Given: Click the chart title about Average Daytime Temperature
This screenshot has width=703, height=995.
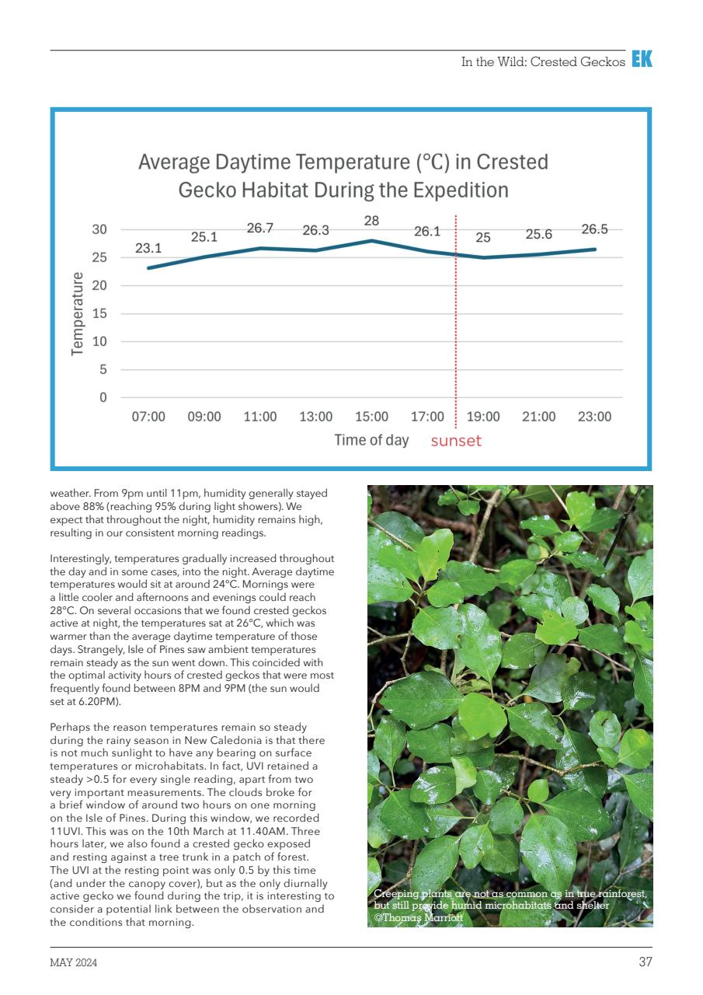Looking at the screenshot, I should click(343, 176).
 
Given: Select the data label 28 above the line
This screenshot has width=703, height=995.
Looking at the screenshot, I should click(371, 221).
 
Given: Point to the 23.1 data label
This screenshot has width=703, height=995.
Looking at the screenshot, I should click(148, 249).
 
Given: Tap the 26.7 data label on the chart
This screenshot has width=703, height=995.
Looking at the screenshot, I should click(260, 229).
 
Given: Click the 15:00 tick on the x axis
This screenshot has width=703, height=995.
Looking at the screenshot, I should click(371, 417).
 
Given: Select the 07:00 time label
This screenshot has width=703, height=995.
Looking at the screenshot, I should click(148, 417).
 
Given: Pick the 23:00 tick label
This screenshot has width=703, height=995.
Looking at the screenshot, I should click(594, 417).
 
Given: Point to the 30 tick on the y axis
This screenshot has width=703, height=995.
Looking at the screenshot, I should click(99, 229).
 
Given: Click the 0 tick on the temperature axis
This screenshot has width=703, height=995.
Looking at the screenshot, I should click(103, 398).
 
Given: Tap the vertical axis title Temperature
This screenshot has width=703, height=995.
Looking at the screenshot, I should click(77, 313).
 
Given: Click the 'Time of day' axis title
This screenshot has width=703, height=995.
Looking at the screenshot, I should click(371, 440).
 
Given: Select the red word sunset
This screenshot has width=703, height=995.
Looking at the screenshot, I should click(456, 442).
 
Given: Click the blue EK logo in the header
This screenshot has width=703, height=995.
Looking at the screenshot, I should click(642, 60).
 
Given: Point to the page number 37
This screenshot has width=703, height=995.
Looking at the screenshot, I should click(645, 962).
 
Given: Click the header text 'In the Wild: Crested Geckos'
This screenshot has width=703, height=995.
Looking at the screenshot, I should click(543, 62).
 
